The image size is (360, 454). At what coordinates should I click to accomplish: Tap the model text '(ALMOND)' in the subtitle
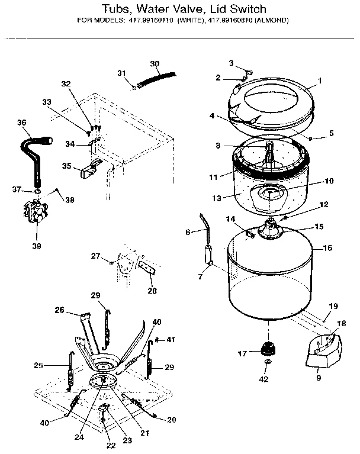pyautogui.click(x=269, y=20)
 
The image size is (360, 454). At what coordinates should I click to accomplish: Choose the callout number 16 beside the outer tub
pyautogui.click(x=327, y=249)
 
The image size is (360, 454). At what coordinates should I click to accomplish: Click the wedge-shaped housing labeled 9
pyautogui.click(x=320, y=350)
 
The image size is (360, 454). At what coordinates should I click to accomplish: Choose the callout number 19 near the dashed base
pyautogui.click(x=333, y=306)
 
